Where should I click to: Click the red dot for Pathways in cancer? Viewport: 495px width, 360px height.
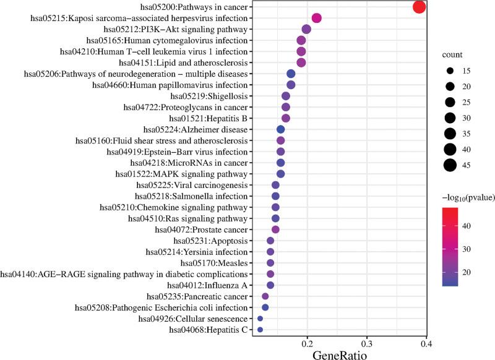pyautogui.click(x=419, y=7)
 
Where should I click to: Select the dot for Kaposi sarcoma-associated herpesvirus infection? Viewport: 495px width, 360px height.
pyautogui.click(x=317, y=19)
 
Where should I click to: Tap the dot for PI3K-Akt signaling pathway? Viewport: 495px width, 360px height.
pyautogui.click(x=306, y=29)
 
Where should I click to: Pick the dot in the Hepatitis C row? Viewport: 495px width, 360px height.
pyautogui.click(x=260, y=330)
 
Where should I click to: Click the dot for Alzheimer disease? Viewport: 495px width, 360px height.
pyautogui.click(x=280, y=129)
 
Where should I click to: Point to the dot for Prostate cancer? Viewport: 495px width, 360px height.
pyautogui.click(x=276, y=229)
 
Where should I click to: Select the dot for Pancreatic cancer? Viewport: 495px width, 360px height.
pyautogui.click(x=265, y=296)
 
